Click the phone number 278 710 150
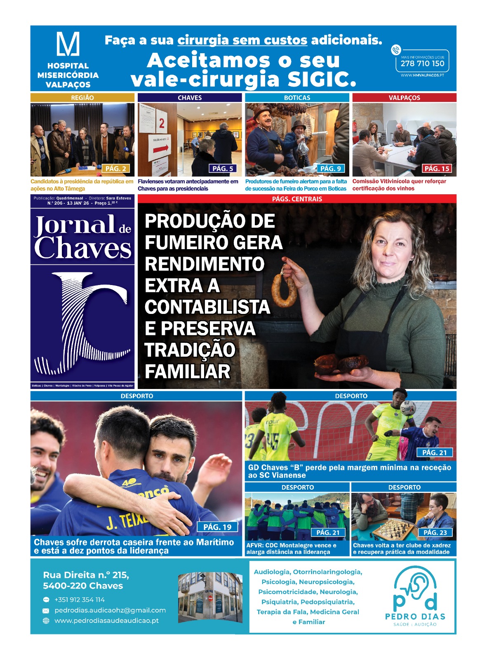coord(422,64)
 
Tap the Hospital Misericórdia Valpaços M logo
coord(68,44)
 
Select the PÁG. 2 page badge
coord(115,168)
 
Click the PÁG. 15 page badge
coord(437,168)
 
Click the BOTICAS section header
coord(297,98)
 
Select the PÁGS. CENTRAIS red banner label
coord(297,199)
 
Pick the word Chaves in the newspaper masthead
coord(82,248)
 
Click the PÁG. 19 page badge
coord(217,527)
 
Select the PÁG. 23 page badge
coord(435,533)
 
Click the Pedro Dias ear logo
coord(415,588)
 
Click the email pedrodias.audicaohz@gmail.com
coord(110,610)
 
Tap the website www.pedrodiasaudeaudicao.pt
coord(106,620)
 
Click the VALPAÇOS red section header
coord(404,98)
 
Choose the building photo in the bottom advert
coord(210,597)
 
